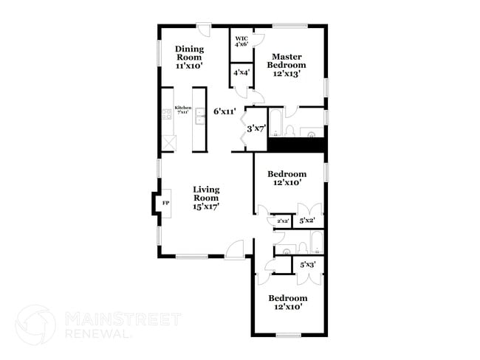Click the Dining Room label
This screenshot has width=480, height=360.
coord(189,58)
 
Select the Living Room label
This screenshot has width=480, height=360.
coord(206,198)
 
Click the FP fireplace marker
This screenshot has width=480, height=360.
coord(165,202)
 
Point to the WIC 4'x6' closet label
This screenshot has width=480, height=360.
coord(241,42)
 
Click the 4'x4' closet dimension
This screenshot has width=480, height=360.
coord(241,73)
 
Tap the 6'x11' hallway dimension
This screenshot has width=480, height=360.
coord(224,111)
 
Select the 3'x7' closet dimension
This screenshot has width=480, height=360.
coord(256,128)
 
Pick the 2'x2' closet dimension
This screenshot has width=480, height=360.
coord(282,221)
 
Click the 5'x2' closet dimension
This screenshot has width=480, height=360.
coord(307,220)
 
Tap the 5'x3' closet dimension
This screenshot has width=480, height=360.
coord(307,263)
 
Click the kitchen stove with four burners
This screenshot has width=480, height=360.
coord(167,114)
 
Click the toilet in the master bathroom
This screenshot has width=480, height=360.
coord(291,131)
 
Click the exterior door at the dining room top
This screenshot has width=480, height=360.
coord(203,30)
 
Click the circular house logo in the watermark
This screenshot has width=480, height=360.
coord(35,325)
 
